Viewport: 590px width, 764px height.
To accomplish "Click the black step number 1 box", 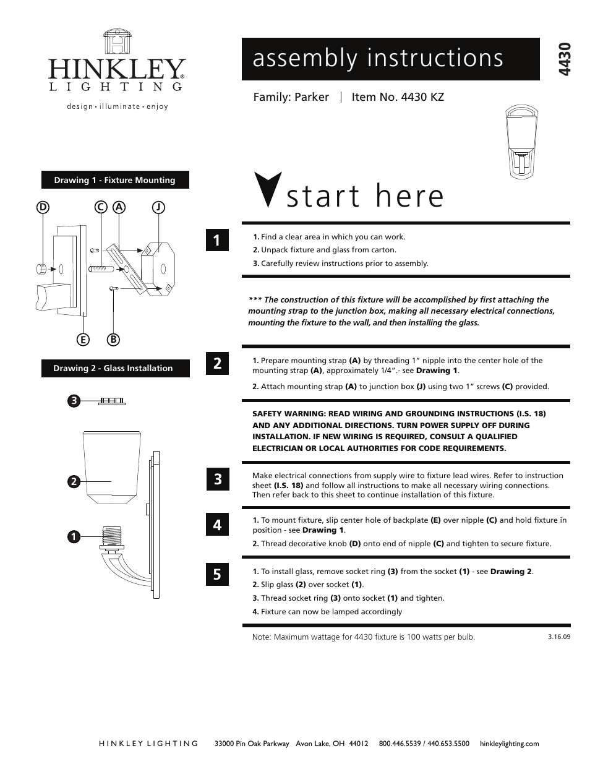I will point(217,240).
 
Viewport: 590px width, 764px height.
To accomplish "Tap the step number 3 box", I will point(217,479).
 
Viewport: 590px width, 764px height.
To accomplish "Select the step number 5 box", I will point(217,574).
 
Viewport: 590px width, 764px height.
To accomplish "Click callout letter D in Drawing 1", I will point(43,208).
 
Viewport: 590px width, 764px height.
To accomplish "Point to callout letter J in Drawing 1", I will point(158,208).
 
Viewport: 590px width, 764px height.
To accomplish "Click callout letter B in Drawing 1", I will point(113,339).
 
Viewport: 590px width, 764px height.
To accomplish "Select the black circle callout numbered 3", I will point(73,401).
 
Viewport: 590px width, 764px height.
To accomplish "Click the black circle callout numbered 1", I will point(73,536).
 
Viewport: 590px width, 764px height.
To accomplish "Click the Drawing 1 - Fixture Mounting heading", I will point(115,180).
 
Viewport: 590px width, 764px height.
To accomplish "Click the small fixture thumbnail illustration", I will point(520,143).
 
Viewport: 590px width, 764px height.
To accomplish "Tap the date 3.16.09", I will point(558,636).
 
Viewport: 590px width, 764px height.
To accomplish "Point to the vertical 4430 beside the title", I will point(563,59).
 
